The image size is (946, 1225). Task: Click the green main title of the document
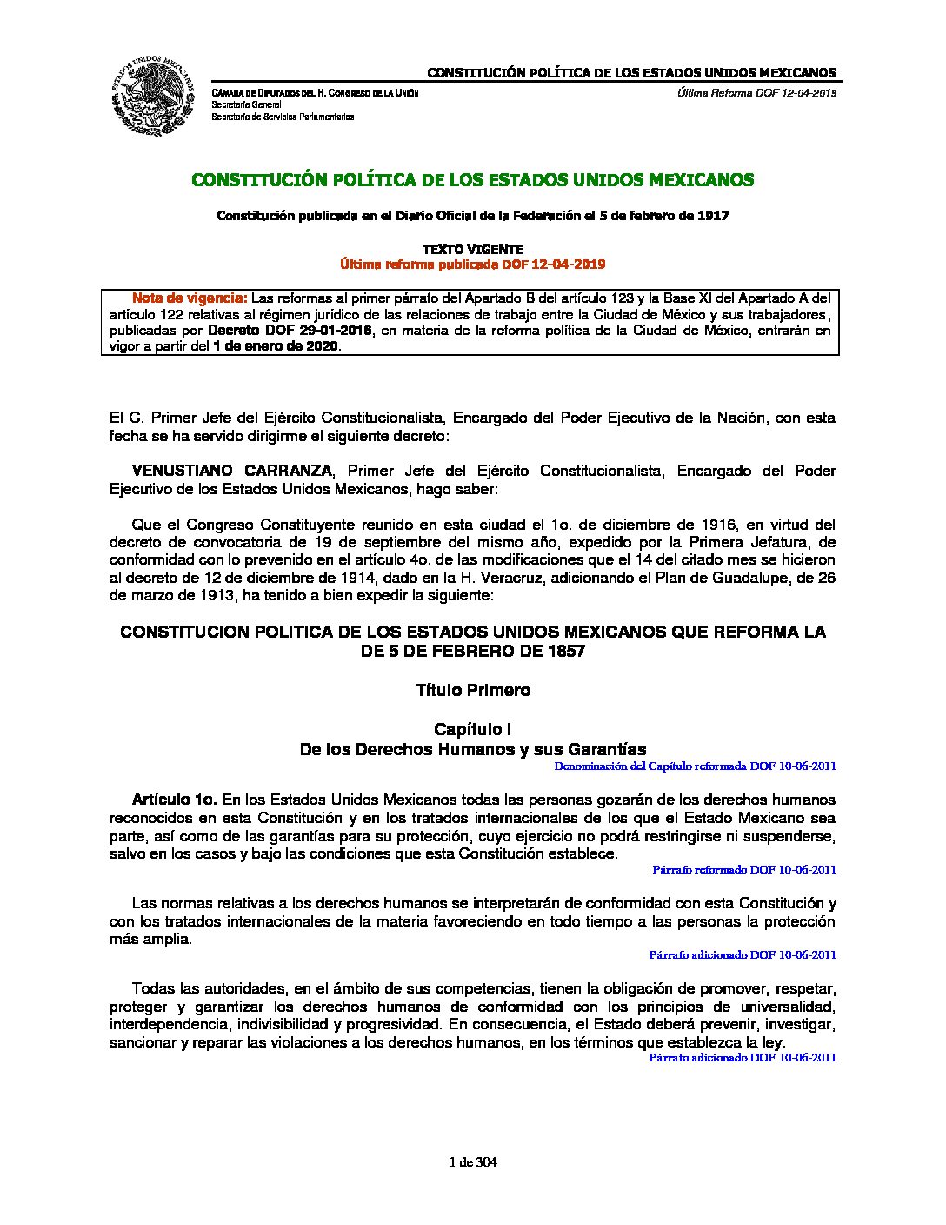pos(472,180)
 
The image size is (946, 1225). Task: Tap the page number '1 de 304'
pos(473,1162)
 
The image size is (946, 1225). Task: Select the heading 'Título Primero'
pos(472,691)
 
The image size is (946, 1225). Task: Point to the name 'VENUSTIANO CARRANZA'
pos(231,471)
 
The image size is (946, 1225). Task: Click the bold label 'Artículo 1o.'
pos(173,800)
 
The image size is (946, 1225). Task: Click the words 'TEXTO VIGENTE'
pos(472,250)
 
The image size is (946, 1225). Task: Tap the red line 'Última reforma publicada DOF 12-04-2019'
pos(472,264)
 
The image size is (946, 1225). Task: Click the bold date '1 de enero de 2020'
pos(276,346)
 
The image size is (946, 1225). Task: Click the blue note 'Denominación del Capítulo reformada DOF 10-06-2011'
pos(695,766)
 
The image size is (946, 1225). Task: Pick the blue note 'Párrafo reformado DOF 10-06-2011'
pos(744,869)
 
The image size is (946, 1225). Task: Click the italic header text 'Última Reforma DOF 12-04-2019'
pos(756,93)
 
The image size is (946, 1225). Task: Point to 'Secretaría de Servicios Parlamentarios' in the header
pos(283,116)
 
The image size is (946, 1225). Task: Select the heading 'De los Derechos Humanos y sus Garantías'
pos(472,749)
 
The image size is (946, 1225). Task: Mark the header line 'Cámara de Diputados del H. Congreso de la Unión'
pos(315,93)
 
